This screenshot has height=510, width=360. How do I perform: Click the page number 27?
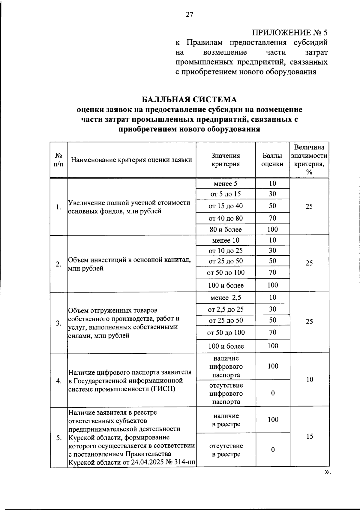tap(190, 14)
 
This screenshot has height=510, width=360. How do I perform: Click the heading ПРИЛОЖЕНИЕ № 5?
tap(289, 32)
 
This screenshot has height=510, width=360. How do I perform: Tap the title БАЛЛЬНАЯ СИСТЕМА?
tap(189, 99)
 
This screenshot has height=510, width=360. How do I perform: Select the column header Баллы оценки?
tap(272, 160)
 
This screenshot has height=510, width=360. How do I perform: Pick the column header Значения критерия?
tap(226, 160)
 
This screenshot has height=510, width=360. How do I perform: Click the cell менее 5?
tap(226, 184)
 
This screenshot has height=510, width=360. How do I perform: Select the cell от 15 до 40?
tap(226, 206)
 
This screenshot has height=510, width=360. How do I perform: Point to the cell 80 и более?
tap(226, 229)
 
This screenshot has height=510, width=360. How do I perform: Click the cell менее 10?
tap(226, 240)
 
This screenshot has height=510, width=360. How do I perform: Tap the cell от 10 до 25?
tap(226, 250)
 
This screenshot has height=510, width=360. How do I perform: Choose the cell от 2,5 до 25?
tap(226, 309)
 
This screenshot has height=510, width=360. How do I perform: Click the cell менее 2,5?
tap(226, 298)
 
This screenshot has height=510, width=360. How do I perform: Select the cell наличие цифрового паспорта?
tap(226, 367)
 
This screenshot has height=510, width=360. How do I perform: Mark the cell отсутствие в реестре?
tap(226, 450)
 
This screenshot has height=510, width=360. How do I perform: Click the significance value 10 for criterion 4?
tap(310, 379)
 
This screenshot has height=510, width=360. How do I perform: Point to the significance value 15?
tap(310, 436)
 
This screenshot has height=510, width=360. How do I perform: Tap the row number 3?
tap(58, 323)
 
